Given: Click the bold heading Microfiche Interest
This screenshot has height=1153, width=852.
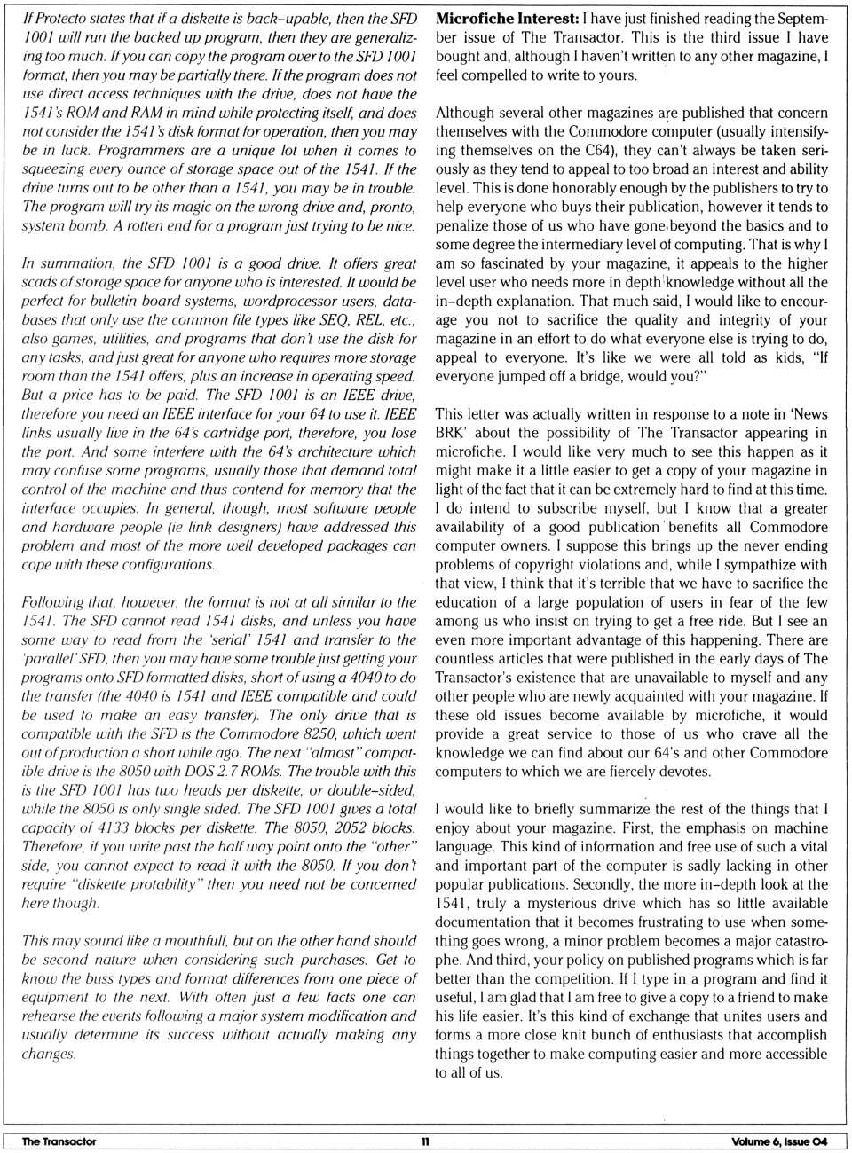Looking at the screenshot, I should pyautogui.click(x=507, y=19).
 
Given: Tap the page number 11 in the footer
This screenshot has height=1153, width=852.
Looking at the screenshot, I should pyautogui.click(x=425, y=1141).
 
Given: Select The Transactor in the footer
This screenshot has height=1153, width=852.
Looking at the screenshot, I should pyautogui.click(x=59, y=1141).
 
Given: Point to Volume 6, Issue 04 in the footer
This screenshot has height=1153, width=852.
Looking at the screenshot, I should pyautogui.click(x=778, y=1141).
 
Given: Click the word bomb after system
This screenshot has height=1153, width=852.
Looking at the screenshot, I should pyautogui.click(x=85, y=225).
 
